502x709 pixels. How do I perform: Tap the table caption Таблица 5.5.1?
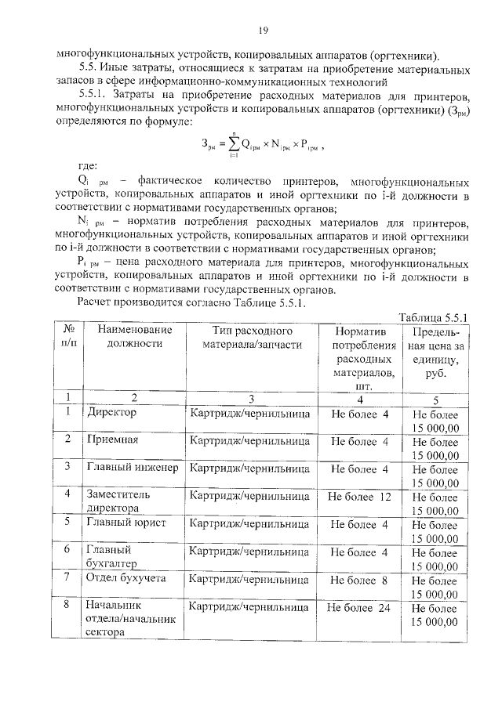pos(433,317)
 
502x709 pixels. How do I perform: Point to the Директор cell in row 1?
pos(112,412)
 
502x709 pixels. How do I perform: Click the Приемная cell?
pos(113,440)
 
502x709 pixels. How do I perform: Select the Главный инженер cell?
pos(133,468)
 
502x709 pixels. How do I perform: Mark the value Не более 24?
pos(359,607)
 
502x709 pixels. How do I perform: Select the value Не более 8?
pos(359,580)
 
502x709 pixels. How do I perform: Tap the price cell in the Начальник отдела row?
pos(434,615)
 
